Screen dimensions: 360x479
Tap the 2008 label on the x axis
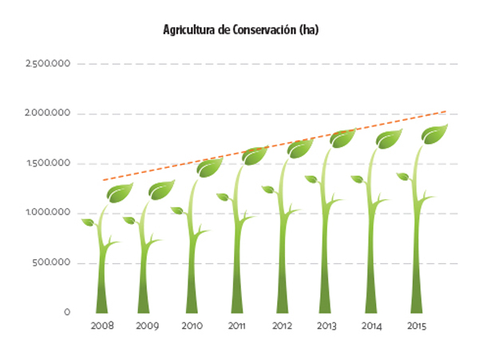pos(102,326)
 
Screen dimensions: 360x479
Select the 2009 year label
pos(147,326)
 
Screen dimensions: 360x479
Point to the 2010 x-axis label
pos(192,326)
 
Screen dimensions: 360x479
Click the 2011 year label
pos(236,326)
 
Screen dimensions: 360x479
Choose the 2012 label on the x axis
pos(281,326)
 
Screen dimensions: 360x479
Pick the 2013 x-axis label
pos(326,326)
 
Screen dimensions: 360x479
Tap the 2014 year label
pos(370,326)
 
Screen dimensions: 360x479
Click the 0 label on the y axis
pos(68,312)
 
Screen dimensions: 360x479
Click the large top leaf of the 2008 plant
pos(121,192)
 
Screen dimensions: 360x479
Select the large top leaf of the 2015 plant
pos(435,134)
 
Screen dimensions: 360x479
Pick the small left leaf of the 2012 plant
pos(269,190)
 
